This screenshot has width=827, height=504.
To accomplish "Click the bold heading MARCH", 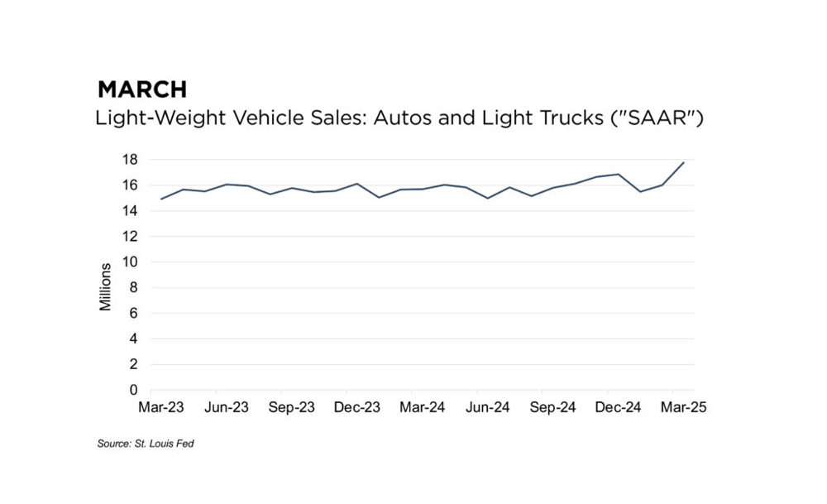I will [142, 89].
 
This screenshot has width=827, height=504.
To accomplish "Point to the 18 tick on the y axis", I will [131, 160].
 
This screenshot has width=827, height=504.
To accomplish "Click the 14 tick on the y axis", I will [131, 211].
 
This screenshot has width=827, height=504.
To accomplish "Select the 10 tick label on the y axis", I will [131, 262].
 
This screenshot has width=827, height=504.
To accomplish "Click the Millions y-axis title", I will [106, 287].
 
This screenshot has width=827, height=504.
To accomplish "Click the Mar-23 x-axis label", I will [160, 407].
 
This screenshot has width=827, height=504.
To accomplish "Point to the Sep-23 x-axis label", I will [291, 407].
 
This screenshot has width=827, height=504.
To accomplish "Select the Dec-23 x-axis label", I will [356, 407].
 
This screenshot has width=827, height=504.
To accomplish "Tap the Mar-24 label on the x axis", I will [423, 407].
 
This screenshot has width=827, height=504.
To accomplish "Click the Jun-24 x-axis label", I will [487, 407].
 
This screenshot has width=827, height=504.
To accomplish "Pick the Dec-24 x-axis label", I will [618, 407].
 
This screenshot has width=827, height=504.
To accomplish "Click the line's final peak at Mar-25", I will [684, 162].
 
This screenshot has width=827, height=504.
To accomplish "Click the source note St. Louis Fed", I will [146, 444].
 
